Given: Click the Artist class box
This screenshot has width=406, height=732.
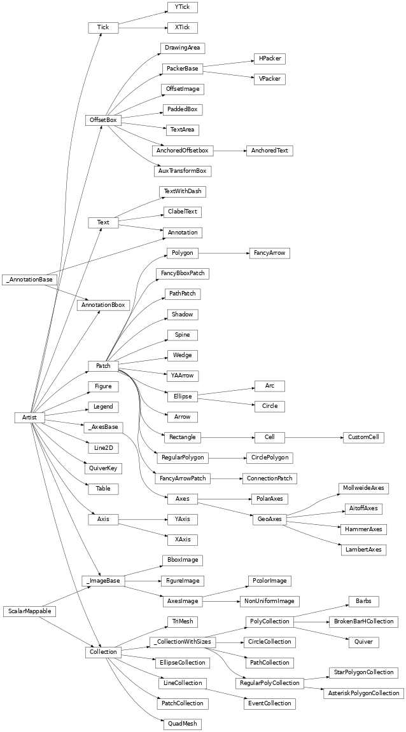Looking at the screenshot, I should coord(30,417).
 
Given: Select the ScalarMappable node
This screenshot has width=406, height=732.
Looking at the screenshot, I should coord(30,611).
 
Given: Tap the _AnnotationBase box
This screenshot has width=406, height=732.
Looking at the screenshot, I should coord(30,279).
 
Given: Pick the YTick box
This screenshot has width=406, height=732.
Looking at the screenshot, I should coord(182,7).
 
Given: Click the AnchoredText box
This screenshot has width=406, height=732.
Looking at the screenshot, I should coord(269,151).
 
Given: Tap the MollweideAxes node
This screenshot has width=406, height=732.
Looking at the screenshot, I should coord(363,489).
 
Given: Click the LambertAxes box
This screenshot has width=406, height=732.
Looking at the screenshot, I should coord(363,549).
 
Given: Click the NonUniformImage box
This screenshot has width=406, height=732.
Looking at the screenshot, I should coord(269,600).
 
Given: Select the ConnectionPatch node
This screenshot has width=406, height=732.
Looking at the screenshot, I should coord(269,478).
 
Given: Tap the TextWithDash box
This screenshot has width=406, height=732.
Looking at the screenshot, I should coord(182,191).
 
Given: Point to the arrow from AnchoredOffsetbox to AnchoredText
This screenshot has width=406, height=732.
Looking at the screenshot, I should coord(228,151).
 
